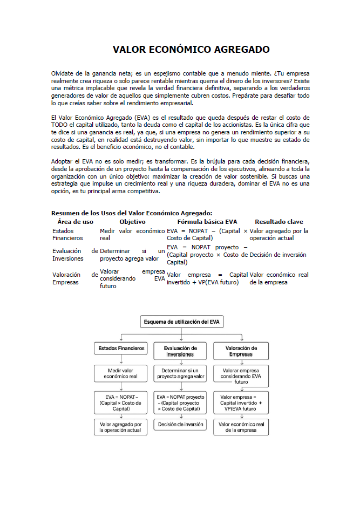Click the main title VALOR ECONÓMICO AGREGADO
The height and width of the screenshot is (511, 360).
[x=191, y=50]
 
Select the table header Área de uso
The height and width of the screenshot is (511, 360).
[x=75, y=222]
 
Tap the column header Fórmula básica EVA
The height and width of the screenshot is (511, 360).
[x=207, y=222]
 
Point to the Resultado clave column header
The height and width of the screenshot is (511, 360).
[x=279, y=222]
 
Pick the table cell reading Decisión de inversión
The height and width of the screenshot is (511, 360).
[x=278, y=255]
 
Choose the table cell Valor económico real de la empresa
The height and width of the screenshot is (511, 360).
[x=279, y=278]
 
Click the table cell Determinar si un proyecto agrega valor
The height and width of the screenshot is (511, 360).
[x=132, y=255]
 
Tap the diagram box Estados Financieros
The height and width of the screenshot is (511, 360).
[x=121, y=349]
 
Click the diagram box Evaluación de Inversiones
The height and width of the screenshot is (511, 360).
[x=180, y=351]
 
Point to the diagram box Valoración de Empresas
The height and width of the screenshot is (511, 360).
[x=241, y=351]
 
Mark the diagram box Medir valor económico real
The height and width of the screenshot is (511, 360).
[x=121, y=373]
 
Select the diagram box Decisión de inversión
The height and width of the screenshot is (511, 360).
[x=180, y=425]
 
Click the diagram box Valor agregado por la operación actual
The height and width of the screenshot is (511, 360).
[x=121, y=427]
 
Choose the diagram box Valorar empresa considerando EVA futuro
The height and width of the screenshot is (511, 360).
[x=241, y=376]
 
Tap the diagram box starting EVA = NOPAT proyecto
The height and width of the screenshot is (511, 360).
[x=180, y=402]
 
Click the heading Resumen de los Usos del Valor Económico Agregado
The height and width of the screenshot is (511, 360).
[x=132, y=213]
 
